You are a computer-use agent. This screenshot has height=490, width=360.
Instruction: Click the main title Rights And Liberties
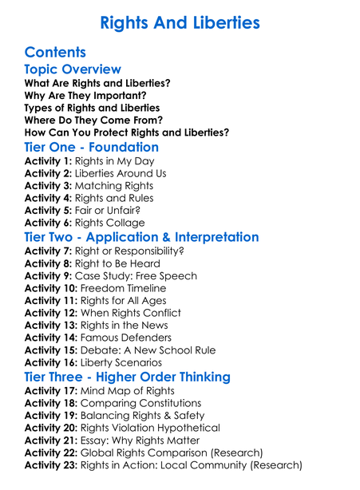pyautogui.click(x=180, y=22)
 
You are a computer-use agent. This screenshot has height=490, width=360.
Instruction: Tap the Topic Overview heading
pyautogui.click(x=73, y=69)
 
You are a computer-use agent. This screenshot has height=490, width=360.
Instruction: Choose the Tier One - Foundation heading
pyautogui.click(x=92, y=147)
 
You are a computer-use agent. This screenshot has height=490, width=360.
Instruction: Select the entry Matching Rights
pyautogui.click(x=113, y=186)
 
